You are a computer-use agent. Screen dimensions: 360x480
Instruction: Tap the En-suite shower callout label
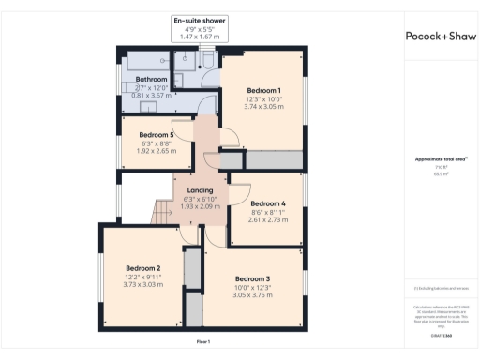tap(199, 20)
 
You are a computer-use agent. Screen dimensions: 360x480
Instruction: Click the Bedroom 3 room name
tap(252, 278)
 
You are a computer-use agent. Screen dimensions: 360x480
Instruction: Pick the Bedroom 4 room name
tap(268, 203)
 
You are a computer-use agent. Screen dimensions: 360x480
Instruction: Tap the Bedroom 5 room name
tap(157, 134)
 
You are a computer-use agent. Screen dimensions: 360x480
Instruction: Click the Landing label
tap(200, 190)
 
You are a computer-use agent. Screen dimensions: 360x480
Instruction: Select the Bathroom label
tap(151, 80)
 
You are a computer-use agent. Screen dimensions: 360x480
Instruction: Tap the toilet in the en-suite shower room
tap(211, 58)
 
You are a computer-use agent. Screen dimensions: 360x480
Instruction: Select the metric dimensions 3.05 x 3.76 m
tap(252, 295)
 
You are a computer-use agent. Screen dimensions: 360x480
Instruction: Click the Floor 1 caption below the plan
tap(203, 341)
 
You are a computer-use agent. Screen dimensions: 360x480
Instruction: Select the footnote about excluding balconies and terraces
tap(440, 288)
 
